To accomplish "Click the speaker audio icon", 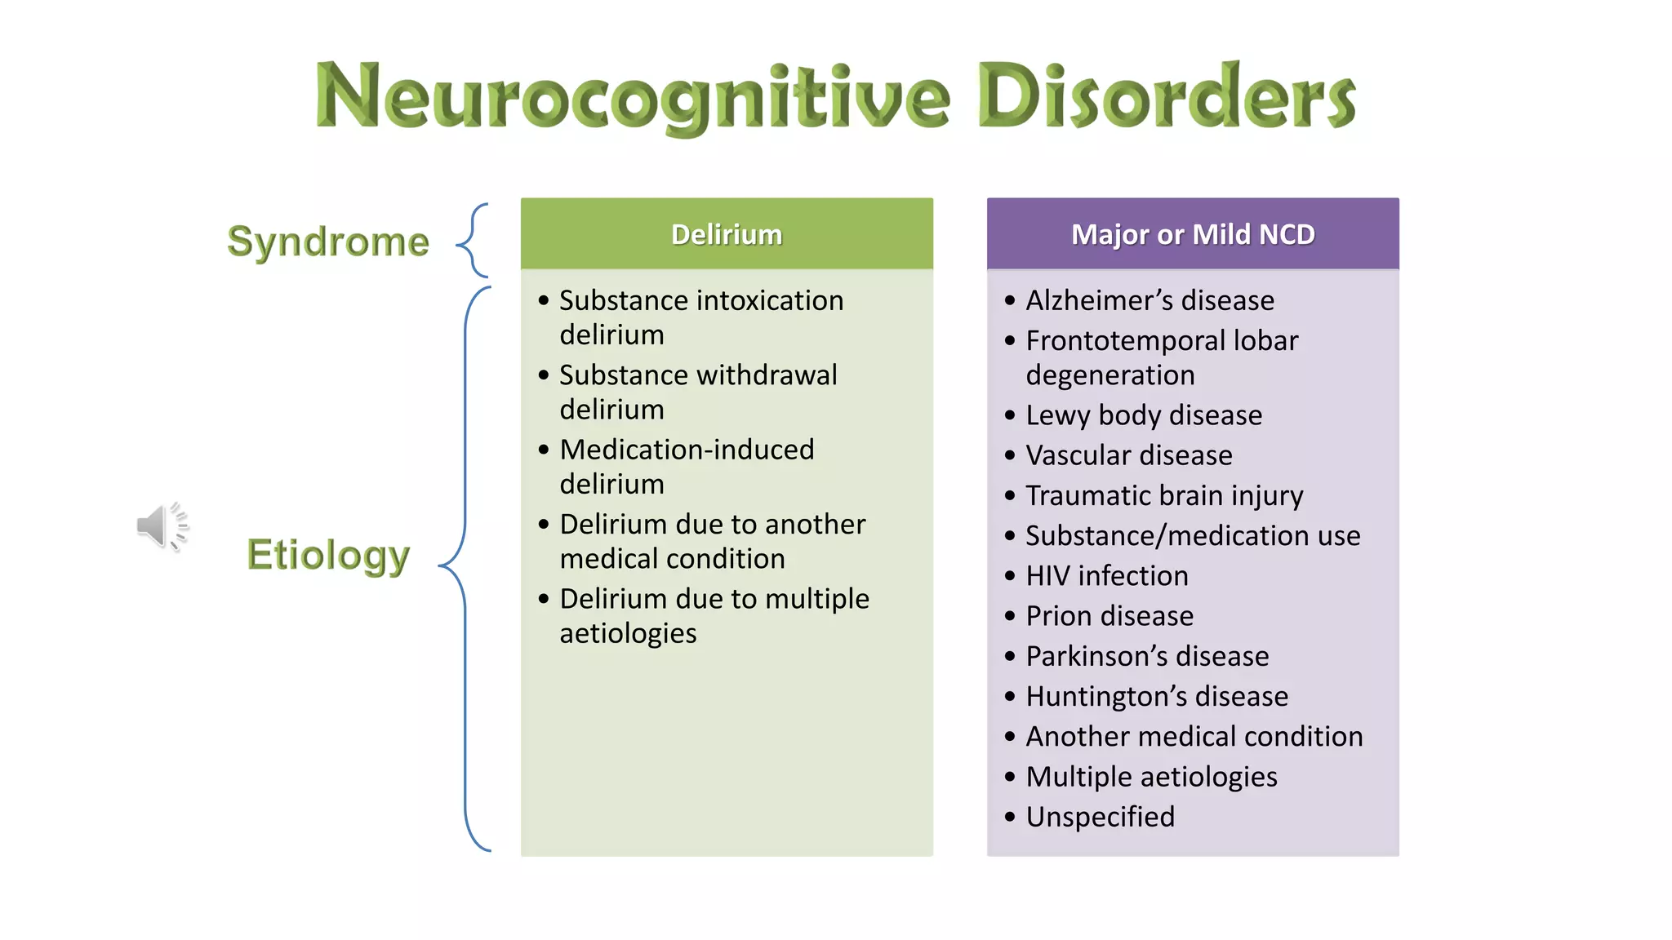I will click(162, 526).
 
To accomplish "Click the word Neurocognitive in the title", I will click(633, 96).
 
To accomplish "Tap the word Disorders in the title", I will click(1166, 96).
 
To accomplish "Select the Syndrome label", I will click(328, 242).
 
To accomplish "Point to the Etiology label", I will click(328, 556).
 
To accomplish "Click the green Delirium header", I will click(727, 234).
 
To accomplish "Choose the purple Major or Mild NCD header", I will click(1193, 234).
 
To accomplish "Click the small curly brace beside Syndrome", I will click(474, 241).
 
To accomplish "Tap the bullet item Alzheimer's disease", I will click(1149, 300).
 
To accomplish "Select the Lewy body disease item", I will click(1144, 415).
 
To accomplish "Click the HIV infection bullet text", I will click(1107, 576).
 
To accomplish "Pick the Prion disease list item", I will click(1109, 616).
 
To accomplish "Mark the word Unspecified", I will click(1100, 817).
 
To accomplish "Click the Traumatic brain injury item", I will click(1164, 495).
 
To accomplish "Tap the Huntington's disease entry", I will click(1157, 696).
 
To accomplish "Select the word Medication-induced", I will click(687, 450).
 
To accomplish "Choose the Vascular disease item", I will click(1129, 455).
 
